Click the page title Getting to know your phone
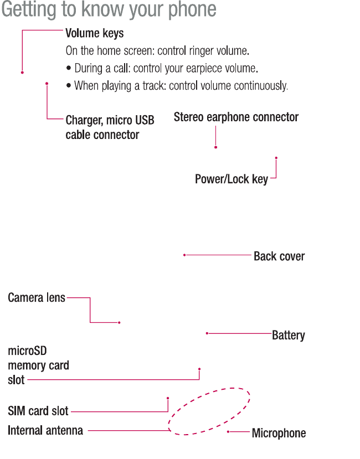pos(109,10)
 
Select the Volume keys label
pos(95,33)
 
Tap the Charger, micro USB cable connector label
pos(110,127)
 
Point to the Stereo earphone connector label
pos(236,117)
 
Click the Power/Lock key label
pos(232,179)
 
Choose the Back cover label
pos(279,256)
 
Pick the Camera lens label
pos(37,298)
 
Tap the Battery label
pos(288,335)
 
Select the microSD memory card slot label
pos(38,365)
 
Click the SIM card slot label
pos(38,411)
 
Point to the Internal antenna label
pos(45,430)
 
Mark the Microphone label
pos(279,433)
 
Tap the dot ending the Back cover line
pos(184,255)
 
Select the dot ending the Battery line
pos(207,333)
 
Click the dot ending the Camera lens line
pos(120,322)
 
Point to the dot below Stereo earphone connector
pos(215,147)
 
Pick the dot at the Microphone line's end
pos(228,431)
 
